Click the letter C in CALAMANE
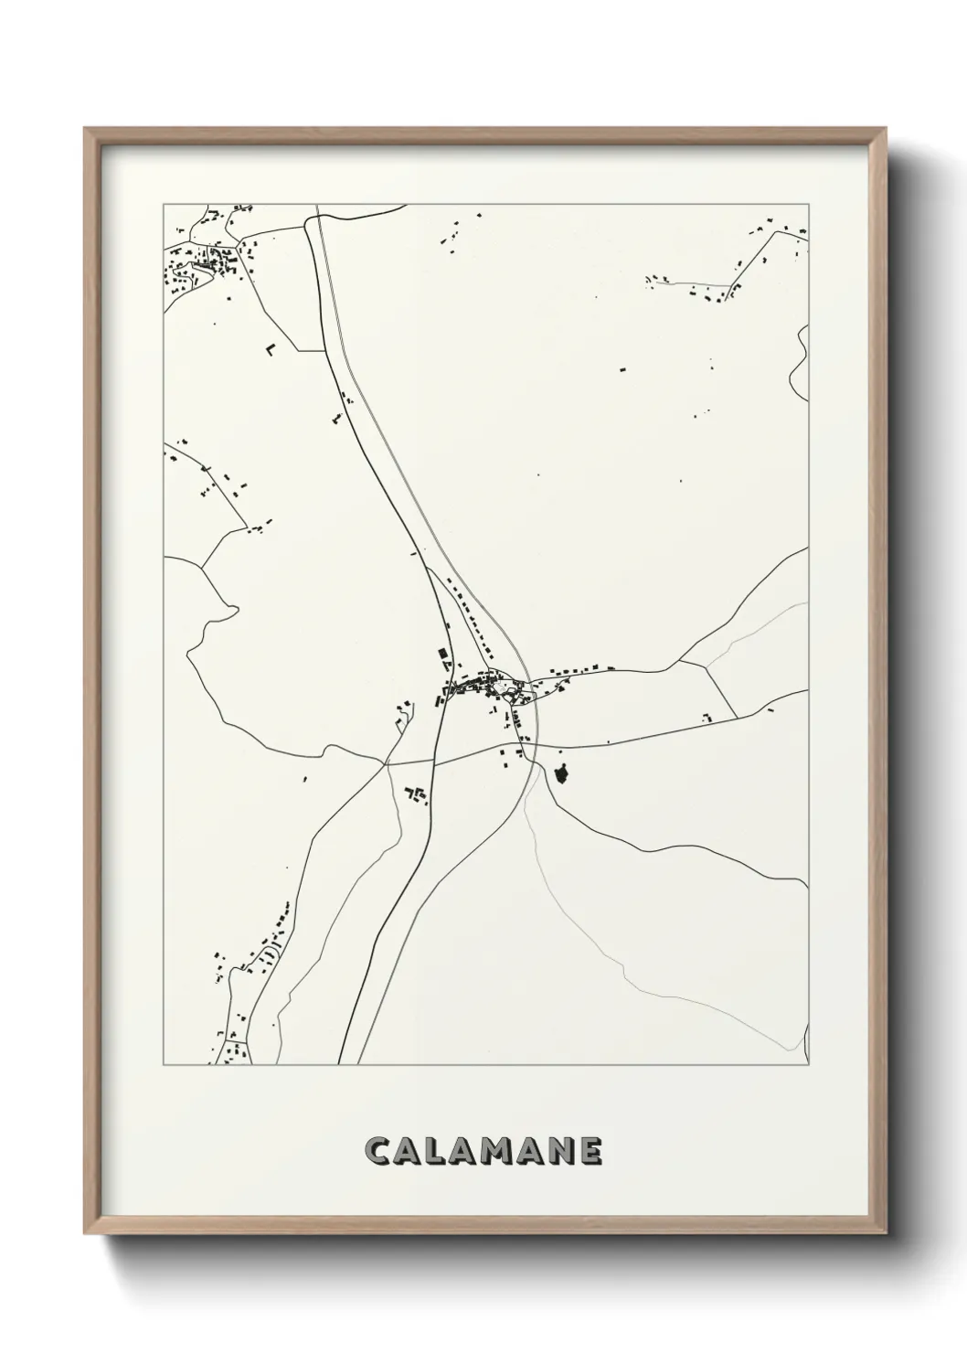tap(378, 1152)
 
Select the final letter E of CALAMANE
tap(590, 1152)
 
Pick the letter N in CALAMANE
tap(559, 1152)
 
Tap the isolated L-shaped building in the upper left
tap(270, 348)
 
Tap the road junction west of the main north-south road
tap(387, 761)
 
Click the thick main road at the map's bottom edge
tap(340, 1060)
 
